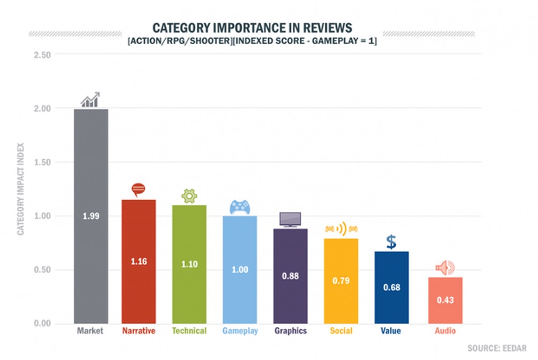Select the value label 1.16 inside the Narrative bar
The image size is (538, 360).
138,262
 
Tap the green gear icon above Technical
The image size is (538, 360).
189,196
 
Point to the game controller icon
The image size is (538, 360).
240,207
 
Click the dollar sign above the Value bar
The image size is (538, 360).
392,242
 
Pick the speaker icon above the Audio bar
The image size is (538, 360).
445,268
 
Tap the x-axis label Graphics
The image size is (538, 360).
290,331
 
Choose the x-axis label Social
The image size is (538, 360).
341,331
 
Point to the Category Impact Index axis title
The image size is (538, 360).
21,189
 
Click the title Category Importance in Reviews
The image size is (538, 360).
252,28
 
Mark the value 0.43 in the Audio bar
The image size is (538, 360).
445,300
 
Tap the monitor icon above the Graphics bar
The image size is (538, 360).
290,219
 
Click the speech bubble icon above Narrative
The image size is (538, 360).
138,190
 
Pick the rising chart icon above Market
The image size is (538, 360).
91,100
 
